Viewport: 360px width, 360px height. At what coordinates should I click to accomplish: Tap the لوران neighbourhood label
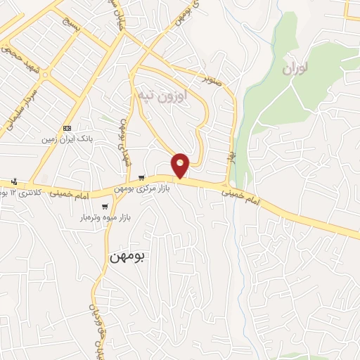pyautogui.click(x=296, y=69)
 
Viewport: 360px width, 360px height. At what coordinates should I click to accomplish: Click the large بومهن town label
pyautogui.click(x=127, y=257)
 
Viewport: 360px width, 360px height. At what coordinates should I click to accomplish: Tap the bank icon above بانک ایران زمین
pyautogui.click(x=67, y=128)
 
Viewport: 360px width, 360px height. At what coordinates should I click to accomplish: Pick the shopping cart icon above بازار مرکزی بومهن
pyautogui.click(x=143, y=178)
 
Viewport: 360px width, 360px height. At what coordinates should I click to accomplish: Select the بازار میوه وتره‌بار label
pyautogui.click(x=105, y=217)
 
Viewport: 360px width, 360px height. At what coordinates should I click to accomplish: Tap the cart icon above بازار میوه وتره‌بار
pyautogui.click(x=105, y=207)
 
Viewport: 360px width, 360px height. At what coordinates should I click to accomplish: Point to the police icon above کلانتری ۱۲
pyautogui.click(x=13, y=181)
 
